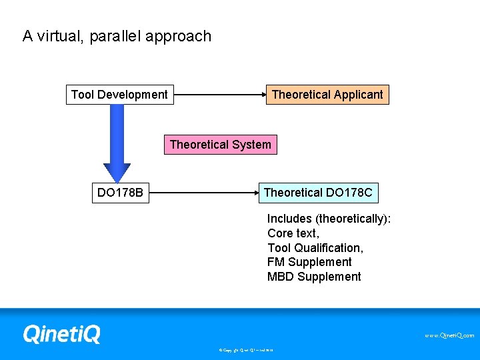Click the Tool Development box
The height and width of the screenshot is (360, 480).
[x=119, y=95]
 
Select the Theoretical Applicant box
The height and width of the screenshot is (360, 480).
[x=327, y=95]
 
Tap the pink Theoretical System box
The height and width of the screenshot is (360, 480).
[x=220, y=145]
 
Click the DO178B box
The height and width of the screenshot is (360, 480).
[x=120, y=193]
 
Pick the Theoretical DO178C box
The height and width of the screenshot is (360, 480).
[x=319, y=193]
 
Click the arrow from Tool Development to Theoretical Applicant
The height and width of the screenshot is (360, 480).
[x=220, y=95]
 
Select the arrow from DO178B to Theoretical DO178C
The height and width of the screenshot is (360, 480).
[x=203, y=193]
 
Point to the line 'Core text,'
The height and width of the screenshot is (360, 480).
[x=293, y=233]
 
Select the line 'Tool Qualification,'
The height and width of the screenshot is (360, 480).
[x=315, y=248]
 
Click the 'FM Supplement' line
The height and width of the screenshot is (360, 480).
[x=309, y=263]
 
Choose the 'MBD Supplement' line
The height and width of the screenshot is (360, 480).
[x=313, y=277]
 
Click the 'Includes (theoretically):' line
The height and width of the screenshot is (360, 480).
[x=329, y=219]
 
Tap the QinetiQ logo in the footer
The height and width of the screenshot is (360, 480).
[x=61, y=333]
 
